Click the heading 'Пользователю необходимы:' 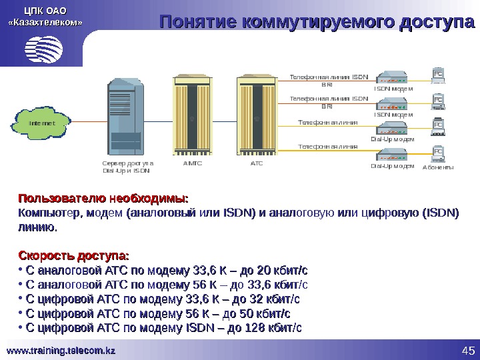103,199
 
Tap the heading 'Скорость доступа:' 74,257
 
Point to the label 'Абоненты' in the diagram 438,167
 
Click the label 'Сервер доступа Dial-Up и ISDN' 127,166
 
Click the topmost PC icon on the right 438,75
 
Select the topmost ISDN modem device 393,77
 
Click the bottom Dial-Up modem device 393,156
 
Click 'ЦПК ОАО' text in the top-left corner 45,10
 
